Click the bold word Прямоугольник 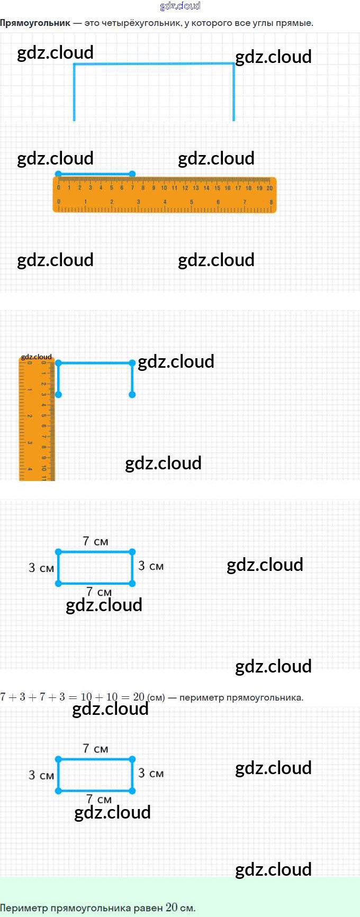coord(35,23)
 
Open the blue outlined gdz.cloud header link coord(180,6)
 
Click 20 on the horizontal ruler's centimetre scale coord(269,188)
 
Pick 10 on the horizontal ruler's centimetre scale coord(164,188)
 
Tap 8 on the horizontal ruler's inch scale coord(271,202)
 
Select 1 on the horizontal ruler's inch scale coord(85,202)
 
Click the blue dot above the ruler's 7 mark coord(132,174)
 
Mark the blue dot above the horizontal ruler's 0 coord(58,174)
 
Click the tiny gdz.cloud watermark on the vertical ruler coord(37,357)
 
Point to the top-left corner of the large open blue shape coord(74,64)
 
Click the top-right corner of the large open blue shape coord(233,64)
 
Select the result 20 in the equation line coord(139,697)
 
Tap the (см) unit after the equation coord(156,697)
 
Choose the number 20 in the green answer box coord(172,907)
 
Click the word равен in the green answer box coord(148,908)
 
